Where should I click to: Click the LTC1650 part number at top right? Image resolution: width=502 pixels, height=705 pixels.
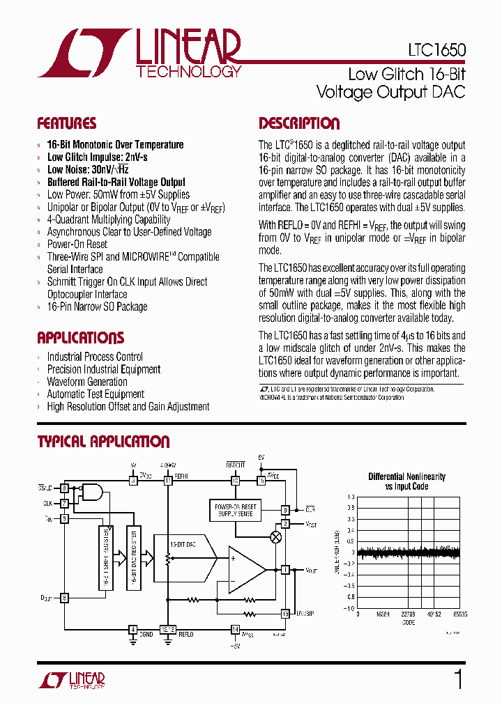point(437,51)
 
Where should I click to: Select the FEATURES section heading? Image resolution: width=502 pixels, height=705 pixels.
point(66,124)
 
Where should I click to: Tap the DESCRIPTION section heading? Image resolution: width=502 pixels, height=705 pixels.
point(299,124)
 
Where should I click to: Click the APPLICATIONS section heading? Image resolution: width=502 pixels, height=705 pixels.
point(80,339)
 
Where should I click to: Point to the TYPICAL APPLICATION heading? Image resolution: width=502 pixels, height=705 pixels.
point(103,442)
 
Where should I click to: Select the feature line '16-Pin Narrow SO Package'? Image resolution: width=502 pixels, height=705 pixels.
point(97,307)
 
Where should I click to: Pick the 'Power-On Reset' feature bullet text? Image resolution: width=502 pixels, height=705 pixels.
point(77,245)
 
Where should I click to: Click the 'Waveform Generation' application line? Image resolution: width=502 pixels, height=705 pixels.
point(87,382)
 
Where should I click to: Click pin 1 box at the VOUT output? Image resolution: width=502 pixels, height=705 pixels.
point(284,570)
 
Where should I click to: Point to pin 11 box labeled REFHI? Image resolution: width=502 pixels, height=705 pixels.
point(167,481)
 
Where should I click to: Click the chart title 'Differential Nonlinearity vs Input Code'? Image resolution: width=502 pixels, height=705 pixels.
point(406,481)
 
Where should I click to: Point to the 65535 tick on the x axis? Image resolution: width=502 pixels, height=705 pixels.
point(458,615)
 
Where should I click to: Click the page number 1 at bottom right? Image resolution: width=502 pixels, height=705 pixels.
point(457,679)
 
